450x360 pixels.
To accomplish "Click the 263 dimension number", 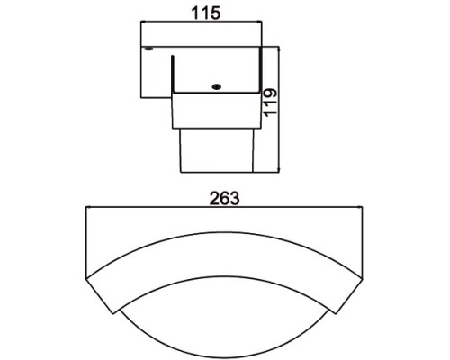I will point(226,199).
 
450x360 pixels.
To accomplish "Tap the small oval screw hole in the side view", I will point(216,86).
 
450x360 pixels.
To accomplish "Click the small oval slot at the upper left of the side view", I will point(150,48).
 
